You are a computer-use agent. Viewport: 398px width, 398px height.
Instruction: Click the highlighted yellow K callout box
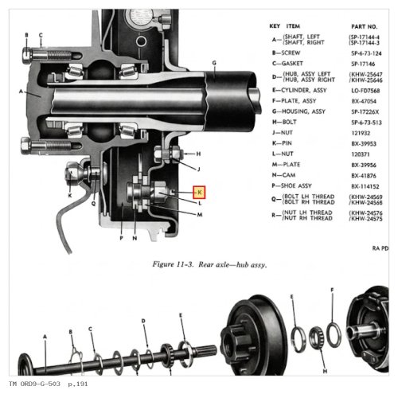point(199,192)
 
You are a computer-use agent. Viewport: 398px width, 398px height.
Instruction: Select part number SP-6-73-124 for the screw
point(366,53)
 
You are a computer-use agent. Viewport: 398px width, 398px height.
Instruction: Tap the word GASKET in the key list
point(292,64)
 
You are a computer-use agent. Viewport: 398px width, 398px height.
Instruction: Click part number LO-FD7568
point(365,91)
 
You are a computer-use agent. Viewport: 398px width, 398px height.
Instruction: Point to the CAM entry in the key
point(289,175)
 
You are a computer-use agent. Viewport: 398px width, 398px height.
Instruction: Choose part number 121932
point(361,133)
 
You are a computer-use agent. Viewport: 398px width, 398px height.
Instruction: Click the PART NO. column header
point(364,26)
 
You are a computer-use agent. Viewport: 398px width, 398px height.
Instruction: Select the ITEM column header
point(293,26)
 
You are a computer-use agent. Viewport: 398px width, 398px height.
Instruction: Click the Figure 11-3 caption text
point(209,264)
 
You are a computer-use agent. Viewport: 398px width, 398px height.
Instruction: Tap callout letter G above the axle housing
point(214,63)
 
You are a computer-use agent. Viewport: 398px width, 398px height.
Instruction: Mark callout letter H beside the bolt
point(198,154)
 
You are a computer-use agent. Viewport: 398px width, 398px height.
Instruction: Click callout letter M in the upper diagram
point(200,214)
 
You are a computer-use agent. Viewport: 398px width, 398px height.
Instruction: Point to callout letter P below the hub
point(122,238)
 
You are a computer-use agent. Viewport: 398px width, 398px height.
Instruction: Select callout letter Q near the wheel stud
point(93,204)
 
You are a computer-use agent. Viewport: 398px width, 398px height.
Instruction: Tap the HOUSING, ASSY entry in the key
point(303,111)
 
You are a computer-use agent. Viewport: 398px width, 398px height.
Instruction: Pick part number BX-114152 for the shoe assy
point(365,186)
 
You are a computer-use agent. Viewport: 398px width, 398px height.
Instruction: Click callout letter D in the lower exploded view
point(143,321)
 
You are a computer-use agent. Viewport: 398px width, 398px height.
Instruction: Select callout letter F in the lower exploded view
point(332,290)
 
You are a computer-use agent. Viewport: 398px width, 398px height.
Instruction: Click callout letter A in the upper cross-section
point(21,92)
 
